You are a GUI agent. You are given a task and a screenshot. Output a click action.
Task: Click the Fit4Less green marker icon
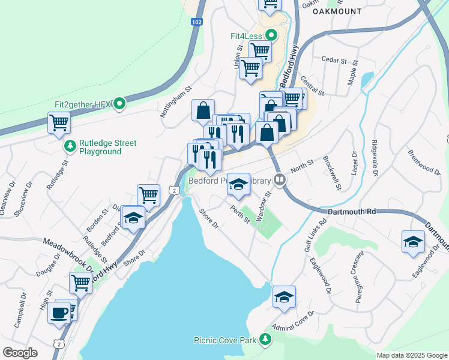click(x=270, y=35)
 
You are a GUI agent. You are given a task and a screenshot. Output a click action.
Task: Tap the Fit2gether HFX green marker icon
click(x=119, y=104)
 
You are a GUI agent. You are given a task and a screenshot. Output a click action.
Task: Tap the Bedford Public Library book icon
click(x=279, y=180)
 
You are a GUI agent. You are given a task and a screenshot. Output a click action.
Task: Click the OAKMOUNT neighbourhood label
click(x=337, y=11)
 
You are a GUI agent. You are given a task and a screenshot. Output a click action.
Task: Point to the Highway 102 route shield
click(x=196, y=22)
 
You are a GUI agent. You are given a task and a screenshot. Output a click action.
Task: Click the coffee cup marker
click(x=59, y=313)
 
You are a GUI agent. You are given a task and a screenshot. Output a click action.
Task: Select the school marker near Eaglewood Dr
click(x=413, y=242)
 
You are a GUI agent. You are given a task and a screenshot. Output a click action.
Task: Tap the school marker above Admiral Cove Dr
click(x=284, y=297)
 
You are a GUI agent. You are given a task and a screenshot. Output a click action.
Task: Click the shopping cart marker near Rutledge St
click(x=59, y=123)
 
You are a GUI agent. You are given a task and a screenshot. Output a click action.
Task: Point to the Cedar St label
click(x=334, y=61)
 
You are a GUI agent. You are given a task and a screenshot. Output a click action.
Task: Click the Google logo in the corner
click(x=20, y=353)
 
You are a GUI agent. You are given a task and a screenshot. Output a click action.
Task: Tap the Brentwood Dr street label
click(x=424, y=161)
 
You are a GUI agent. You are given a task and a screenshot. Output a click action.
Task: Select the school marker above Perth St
click(x=238, y=185)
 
